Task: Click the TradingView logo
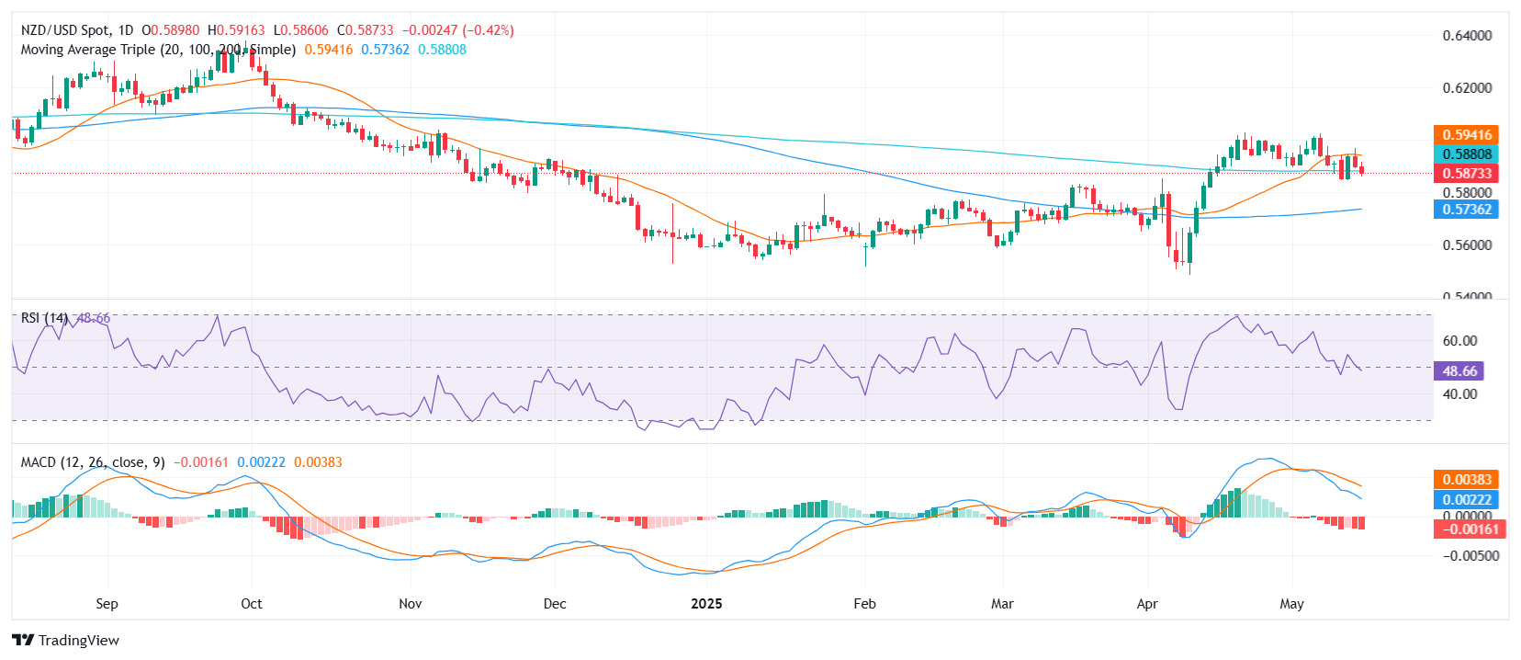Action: pos(66,641)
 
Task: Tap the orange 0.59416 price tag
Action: pos(1466,135)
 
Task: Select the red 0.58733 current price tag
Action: pos(1466,173)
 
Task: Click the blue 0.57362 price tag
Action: pos(1466,210)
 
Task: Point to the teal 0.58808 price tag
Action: pos(1466,154)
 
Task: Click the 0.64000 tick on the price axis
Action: pos(1467,36)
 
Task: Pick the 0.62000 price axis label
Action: pos(1467,88)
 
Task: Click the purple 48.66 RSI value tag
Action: pos(1459,371)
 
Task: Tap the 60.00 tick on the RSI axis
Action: pos(1459,341)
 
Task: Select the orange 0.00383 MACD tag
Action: pos(1466,480)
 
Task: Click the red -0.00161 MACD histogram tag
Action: pos(1466,529)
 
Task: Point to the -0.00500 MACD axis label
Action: pos(1470,556)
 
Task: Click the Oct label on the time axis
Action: pos(252,604)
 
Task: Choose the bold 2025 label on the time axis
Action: pos(706,604)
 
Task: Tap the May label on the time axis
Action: pos(1291,604)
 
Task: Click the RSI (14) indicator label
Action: pos(44,318)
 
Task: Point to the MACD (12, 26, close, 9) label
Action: pos(93,462)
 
